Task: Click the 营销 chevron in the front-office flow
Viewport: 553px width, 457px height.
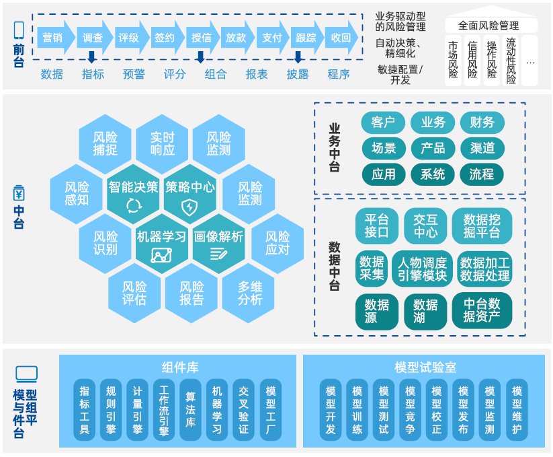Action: pos(52,38)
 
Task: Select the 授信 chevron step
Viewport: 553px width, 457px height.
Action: pos(201,38)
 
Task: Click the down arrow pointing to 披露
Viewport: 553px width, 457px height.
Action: pos(298,58)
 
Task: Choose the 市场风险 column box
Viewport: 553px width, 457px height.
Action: pos(454,62)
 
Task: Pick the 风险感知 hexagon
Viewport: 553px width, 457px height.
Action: pos(77,194)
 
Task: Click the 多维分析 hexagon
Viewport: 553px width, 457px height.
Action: pos(250,293)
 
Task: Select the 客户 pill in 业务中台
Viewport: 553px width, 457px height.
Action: pos(383,122)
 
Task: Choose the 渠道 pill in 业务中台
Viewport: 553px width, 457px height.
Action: pos(482,147)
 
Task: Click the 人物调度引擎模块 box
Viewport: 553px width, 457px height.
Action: pos(421,269)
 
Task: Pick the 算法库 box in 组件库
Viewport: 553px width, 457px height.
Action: pos(191,410)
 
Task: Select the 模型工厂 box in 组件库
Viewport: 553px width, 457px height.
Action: pos(271,410)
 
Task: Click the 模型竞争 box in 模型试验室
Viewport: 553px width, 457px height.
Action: pos(410,410)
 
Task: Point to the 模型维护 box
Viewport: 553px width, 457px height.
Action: pos(517,410)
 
